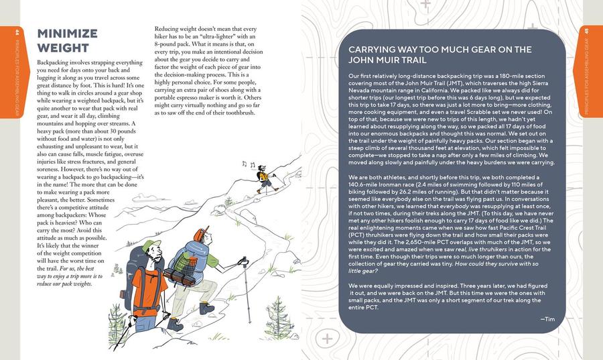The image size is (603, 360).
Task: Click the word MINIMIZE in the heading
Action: pos(67,34)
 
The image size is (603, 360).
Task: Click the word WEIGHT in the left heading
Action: pos(62,48)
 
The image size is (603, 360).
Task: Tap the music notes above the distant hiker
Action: pos(249,165)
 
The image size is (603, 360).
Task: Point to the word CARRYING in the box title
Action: pos(375,50)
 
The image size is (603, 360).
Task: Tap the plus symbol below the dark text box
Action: pos(327,339)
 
